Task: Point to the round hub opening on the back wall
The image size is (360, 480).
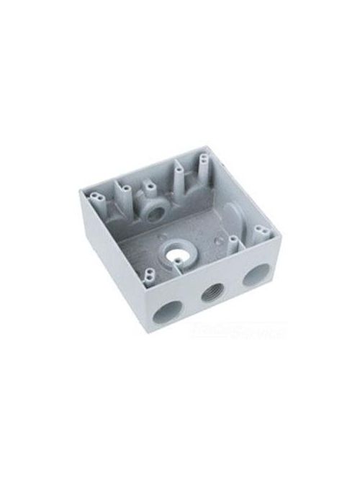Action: pos(153,214)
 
